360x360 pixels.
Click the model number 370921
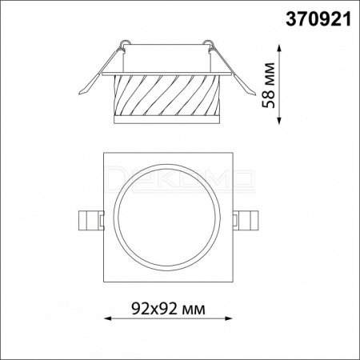click(x=318, y=20)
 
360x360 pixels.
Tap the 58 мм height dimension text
click(x=269, y=86)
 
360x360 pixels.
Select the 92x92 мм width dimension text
click(x=169, y=309)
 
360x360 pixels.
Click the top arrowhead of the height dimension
click(x=279, y=48)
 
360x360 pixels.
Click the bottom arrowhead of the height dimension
click(x=279, y=121)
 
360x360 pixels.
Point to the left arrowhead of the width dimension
click(x=107, y=318)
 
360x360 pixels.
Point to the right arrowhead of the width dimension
click(x=229, y=318)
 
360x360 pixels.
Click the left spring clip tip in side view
click(x=79, y=94)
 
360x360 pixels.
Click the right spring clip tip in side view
click(x=254, y=94)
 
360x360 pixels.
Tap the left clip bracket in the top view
click(x=90, y=220)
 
